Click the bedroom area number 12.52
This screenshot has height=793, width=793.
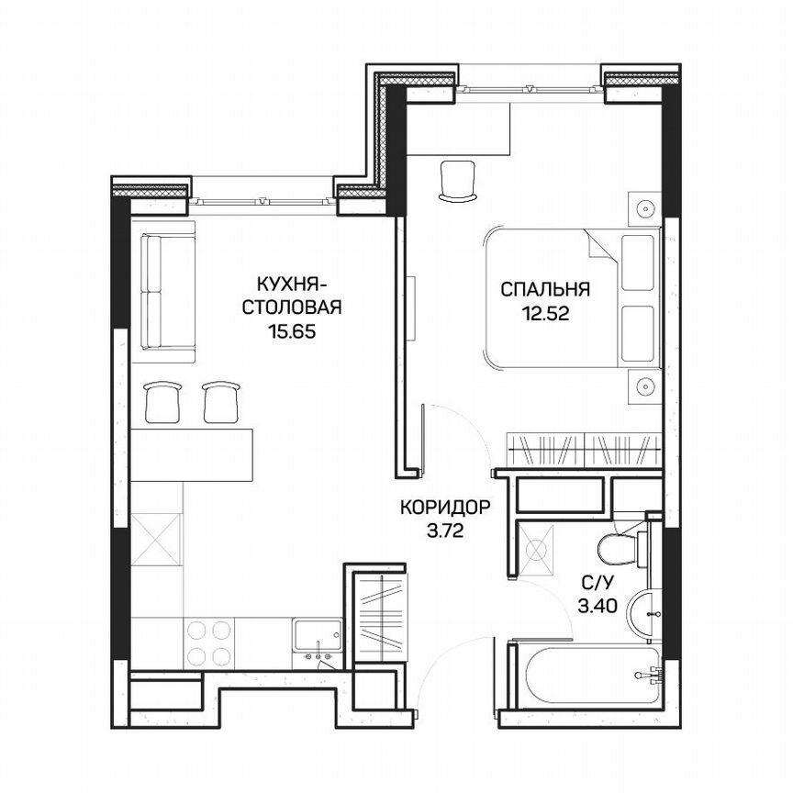[545, 313]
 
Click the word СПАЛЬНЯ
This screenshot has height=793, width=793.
[545, 290]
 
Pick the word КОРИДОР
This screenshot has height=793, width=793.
[445, 506]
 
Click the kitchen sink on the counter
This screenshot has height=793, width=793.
[315, 635]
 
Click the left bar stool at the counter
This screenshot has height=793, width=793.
[162, 400]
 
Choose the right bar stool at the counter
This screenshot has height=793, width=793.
[219, 400]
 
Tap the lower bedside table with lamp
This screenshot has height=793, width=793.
[645, 386]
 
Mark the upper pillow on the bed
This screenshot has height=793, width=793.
[640, 262]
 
